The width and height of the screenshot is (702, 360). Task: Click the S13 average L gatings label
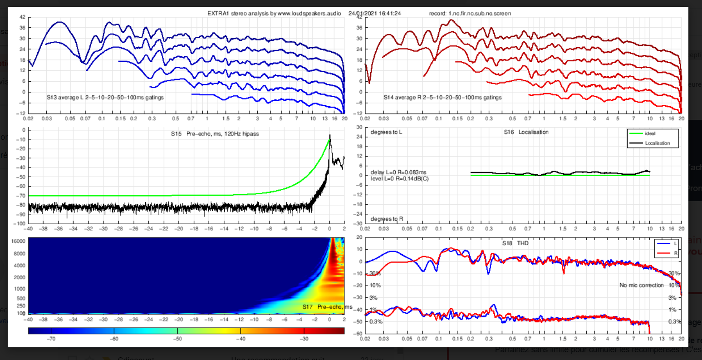point(105,97)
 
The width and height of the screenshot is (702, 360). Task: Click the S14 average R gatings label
point(442,97)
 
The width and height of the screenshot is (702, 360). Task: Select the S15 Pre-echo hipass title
point(215,134)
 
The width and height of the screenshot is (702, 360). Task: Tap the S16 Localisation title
point(526,132)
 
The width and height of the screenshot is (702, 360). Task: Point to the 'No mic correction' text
point(642,285)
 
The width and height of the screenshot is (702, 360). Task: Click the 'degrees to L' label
point(387,132)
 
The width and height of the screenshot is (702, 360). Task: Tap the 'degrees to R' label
point(387,219)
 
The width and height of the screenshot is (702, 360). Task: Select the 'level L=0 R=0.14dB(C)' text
point(399,178)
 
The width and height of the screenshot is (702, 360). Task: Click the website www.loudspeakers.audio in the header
point(306,14)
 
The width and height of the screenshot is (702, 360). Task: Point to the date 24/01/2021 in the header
point(362,14)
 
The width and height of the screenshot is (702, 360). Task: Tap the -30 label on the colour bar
point(304,339)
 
